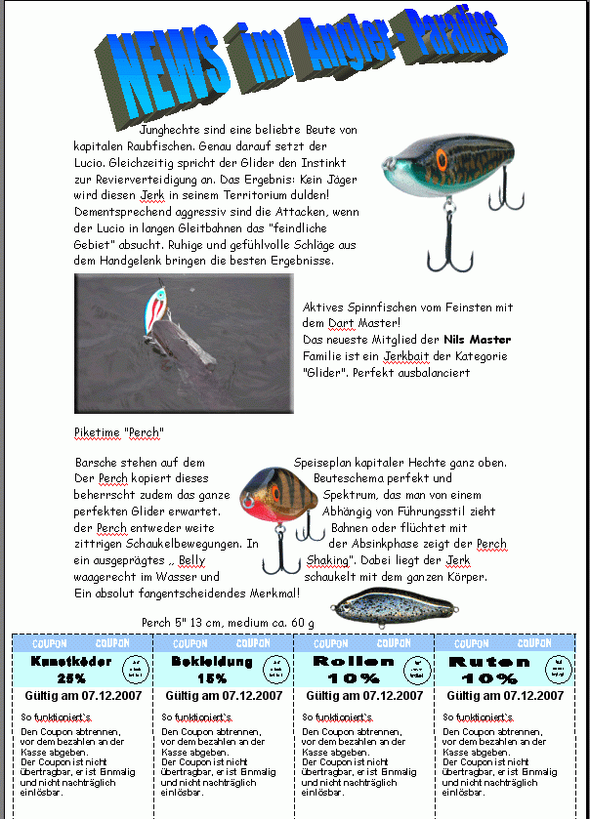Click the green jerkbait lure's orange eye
click(x=441, y=160)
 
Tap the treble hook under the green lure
click(x=455, y=243)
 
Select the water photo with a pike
click(x=184, y=343)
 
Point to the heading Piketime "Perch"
click(x=119, y=432)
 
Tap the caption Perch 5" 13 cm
click(x=228, y=622)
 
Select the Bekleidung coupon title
click(x=212, y=662)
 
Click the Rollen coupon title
click(x=353, y=662)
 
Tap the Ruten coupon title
click(x=490, y=662)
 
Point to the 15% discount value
click(x=212, y=678)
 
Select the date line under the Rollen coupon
click(x=364, y=696)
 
